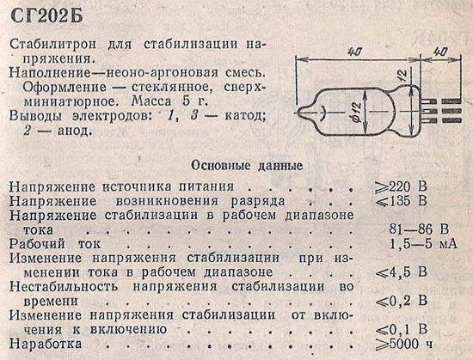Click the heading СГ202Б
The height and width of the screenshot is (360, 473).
[x=46, y=15]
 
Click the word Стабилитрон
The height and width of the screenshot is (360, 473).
[x=53, y=45]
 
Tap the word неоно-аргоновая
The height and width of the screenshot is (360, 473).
[x=163, y=73]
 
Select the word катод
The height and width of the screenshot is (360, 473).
[x=245, y=116]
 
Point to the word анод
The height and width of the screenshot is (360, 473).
[x=74, y=131]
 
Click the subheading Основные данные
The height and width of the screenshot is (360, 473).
[x=247, y=166]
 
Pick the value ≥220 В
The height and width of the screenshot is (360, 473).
[x=402, y=186]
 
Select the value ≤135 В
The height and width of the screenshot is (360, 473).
[x=402, y=201]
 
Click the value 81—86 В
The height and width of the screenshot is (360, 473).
[x=419, y=229]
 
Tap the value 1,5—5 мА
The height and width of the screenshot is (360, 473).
[x=423, y=244]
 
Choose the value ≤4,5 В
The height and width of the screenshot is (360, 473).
[x=402, y=272]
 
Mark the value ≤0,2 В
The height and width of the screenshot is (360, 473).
[x=402, y=301]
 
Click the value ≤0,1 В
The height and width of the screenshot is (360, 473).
[x=402, y=329]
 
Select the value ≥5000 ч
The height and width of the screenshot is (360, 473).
[x=404, y=344]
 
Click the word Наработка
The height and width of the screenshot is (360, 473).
[x=46, y=344]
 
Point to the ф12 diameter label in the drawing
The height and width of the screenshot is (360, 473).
[x=358, y=113]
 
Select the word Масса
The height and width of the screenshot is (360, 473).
[x=152, y=101]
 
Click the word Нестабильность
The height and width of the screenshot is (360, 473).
[x=64, y=286]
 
